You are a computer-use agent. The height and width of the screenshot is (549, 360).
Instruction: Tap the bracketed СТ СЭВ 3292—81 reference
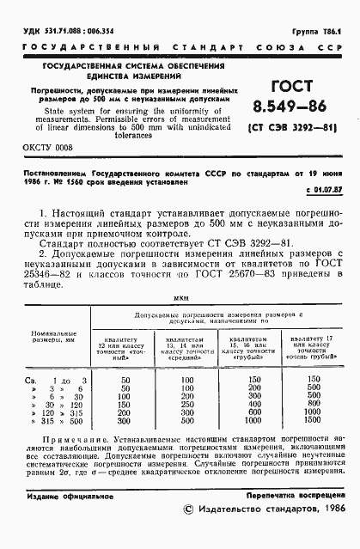[292, 131]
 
